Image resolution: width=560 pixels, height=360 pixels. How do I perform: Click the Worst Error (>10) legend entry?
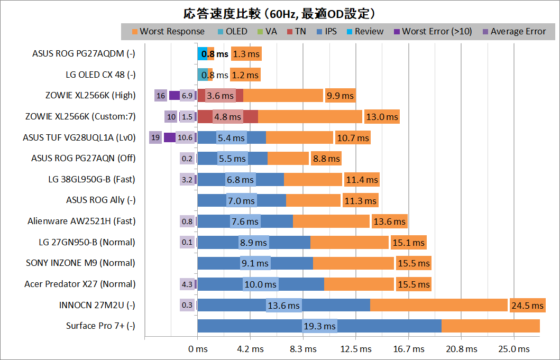(x=437, y=32)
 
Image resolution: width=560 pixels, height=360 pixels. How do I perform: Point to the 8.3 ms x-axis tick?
(x=303, y=349)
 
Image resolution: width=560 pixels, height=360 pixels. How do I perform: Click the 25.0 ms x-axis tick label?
(x=515, y=349)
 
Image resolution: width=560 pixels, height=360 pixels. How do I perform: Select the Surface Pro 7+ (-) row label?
(x=100, y=326)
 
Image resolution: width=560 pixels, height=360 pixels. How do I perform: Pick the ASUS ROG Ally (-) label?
(x=100, y=200)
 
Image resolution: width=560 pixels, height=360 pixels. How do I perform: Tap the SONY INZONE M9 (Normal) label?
(x=80, y=263)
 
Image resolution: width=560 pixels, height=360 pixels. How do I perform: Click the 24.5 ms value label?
(x=527, y=306)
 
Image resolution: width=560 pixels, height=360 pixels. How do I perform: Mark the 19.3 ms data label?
(x=319, y=326)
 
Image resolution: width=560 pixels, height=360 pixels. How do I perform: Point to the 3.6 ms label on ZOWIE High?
(x=220, y=96)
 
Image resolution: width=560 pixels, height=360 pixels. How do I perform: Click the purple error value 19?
(x=155, y=137)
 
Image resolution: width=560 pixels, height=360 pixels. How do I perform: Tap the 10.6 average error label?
(x=185, y=137)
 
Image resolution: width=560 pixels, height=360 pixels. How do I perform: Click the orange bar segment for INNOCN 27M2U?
(x=439, y=305)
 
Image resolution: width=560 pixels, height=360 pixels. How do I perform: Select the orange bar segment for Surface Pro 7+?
(x=490, y=326)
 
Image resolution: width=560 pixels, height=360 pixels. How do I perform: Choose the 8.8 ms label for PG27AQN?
(x=326, y=158)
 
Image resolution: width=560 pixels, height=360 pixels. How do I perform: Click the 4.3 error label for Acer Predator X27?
(x=187, y=284)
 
